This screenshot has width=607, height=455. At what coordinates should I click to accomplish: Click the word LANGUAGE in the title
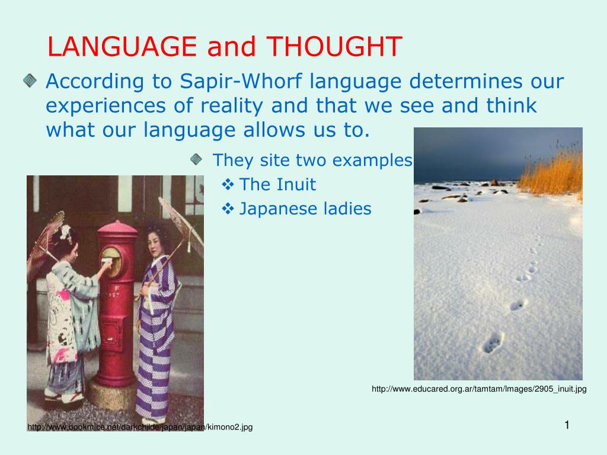pyautogui.click(x=122, y=46)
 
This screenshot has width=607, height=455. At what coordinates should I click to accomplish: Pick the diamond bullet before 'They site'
pyautogui.click(x=196, y=159)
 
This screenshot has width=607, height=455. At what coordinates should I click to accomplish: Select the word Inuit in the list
pyautogui.click(x=295, y=185)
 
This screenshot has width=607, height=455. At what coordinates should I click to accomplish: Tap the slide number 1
pyautogui.click(x=567, y=424)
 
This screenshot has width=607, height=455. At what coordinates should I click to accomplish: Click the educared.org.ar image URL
pyautogui.click(x=479, y=389)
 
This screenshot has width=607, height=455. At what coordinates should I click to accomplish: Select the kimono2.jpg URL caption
pyautogui.click(x=140, y=427)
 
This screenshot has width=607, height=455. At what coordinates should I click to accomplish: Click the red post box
pyautogui.click(x=116, y=302)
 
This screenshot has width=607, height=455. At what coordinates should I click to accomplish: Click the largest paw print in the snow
pyautogui.click(x=493, y=342)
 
